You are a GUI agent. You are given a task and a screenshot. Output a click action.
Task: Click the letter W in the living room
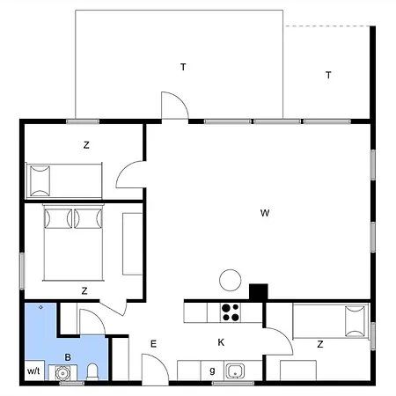pos(265,213)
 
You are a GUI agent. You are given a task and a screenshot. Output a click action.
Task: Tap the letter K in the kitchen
pos(221,342)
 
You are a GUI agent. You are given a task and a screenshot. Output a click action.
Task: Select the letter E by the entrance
pos(153,344)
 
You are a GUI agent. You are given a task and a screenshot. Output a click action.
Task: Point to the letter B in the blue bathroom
pos(68,357)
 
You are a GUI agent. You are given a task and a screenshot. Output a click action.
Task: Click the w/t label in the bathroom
pos(33,370)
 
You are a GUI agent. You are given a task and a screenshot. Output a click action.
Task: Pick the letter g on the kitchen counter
pos(212,370)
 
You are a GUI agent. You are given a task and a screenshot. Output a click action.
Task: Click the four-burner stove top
pos(231,312)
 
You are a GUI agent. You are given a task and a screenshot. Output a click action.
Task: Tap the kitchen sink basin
pos(235,370)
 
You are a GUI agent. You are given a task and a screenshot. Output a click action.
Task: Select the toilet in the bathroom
pos(92,371)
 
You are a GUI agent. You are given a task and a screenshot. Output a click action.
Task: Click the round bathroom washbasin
pos(62,373)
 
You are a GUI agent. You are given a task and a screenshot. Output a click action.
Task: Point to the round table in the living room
pos(231,280)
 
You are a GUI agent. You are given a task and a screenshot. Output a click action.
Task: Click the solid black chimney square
pos(259,292)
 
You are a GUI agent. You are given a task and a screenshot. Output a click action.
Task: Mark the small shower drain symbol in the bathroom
pos(40,307)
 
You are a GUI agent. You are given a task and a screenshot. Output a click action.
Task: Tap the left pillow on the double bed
pos(58,218)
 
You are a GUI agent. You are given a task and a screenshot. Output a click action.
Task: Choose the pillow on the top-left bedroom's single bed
pos(40,180)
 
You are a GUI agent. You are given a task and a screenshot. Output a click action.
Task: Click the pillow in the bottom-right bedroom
pos(356,321)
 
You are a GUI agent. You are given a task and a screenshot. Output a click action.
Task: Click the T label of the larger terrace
pos(183,67)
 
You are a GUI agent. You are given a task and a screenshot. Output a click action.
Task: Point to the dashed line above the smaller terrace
pos(328,26)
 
